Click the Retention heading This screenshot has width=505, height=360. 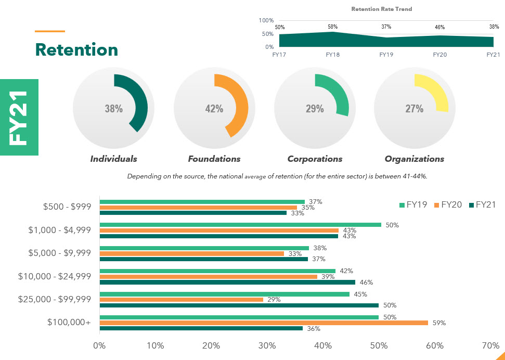(x=76, y=50)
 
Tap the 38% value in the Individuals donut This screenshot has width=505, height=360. (x=113, y=109)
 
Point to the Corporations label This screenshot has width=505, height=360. (x=315, y=159)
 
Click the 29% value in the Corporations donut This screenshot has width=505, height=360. (x=315, y=109)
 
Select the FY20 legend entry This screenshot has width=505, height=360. (x=448, y=205)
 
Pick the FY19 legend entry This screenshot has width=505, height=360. (x=413, y=205)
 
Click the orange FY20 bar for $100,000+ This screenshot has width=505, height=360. (x=264, y=323)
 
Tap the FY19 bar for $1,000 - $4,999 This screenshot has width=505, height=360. (x=240, y=225)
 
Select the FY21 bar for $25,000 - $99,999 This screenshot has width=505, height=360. (x=239, y=305)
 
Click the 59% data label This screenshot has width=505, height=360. (x=439, y=323)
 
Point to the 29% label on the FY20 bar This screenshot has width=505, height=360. (x=274, y=300)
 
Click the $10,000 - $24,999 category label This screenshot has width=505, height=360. (x=55, y=276)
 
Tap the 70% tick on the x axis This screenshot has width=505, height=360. (x=490, y=345)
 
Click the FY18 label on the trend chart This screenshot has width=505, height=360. (x=332, y=54)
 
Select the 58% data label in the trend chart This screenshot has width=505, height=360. (x=332, y=27)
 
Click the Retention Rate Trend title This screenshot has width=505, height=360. (x=382, y=9)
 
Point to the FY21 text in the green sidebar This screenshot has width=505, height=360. (x=19, y=118)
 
